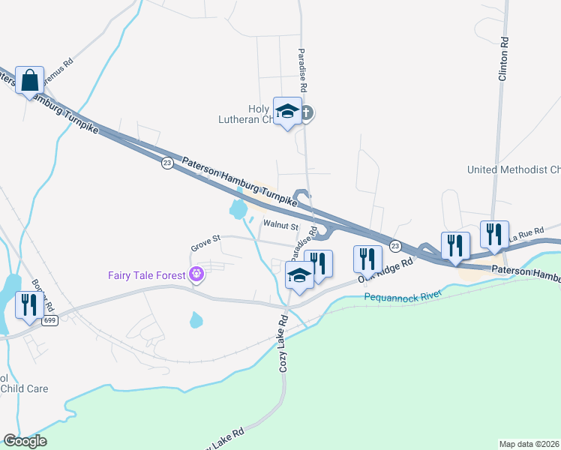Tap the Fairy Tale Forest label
point(146,274)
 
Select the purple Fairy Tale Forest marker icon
point(197,274)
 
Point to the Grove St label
point(205,239)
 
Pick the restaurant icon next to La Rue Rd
point(494,234)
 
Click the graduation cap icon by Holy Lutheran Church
point(286,112)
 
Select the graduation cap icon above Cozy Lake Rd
point(299,277)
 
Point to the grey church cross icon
point(307,114)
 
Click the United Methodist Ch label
point(514,170)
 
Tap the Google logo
point(25,441)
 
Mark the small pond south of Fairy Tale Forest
point(196,321)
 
